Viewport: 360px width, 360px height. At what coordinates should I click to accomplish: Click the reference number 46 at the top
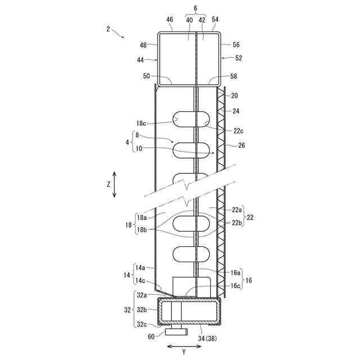pyautogui.click(x=169, y=20)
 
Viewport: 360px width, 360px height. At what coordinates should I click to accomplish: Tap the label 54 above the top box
pyautogui.click(x=215, y=20)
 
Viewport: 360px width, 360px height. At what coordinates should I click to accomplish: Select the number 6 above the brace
pyautogui.click(x=195, y=8)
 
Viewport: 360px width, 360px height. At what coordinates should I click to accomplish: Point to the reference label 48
pyautogui.click(x=143, y=45)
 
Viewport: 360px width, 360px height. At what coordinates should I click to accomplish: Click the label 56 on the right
pyautogui.click(x=236, y=44)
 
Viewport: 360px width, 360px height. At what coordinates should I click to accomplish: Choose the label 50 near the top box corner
pyautogui.click(x=146, y=76)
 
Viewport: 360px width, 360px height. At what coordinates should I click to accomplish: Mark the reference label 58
pyautogui.click(x=233, y=76)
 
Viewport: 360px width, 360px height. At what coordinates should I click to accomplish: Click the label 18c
pyautogui.click(x=141, y=123)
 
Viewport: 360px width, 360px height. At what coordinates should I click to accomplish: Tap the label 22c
pyautogui.click(x=238, y=131)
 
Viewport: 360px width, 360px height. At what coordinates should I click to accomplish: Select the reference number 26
pyautogui.click(x=241, y=145)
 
